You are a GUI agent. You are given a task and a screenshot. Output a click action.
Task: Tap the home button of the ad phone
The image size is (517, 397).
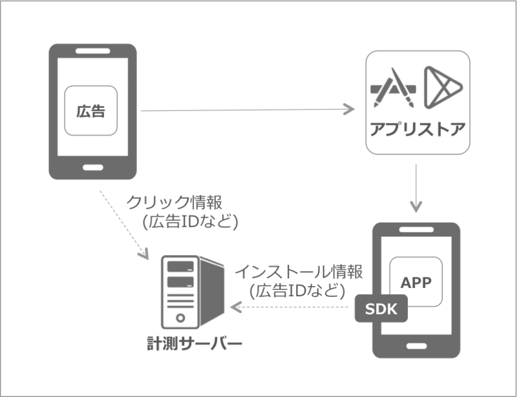click(x=94, y=165)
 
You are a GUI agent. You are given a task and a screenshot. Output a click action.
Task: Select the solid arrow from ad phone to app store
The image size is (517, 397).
click(x=246, y=110)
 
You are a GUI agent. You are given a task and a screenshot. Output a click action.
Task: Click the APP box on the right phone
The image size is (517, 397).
click(x=417, y=282)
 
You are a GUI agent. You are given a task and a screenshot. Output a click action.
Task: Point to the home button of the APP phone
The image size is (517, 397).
click(x=417, y=343)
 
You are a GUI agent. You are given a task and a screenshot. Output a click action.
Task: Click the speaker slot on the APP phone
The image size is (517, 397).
click(x=417, y=230)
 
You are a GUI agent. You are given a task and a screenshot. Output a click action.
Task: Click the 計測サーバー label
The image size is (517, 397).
click(x=194, y=343)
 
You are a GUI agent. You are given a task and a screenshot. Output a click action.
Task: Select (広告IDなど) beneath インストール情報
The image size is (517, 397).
click(x=293, y=291)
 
